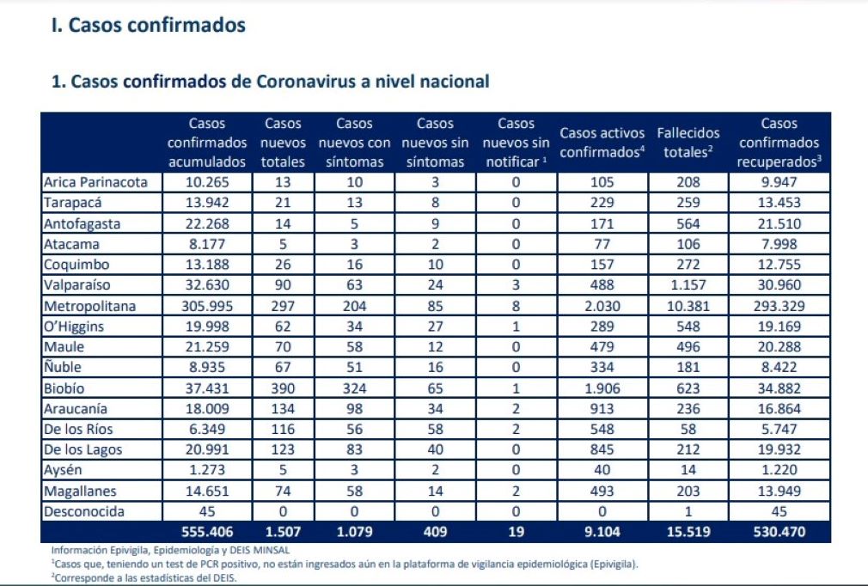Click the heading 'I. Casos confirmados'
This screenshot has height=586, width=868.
tap(149, 26)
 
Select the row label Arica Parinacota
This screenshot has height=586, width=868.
tap(95, 182)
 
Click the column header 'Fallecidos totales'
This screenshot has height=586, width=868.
tap(688, 143)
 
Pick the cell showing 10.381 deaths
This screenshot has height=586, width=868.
tap(688, 306)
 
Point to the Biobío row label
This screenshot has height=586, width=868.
tap(65, 388)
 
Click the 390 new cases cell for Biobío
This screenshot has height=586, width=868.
tap(284, 388)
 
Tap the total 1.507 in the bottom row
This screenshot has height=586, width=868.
tap(284, 533)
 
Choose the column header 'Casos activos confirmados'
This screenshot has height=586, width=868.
tap(602, 143)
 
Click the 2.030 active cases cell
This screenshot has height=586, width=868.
tap(602, 306)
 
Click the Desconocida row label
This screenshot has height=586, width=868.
tap(84, 512)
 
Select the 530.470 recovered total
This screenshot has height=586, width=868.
tap(779, 533)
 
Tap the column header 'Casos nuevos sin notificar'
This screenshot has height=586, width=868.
tap(516, 143)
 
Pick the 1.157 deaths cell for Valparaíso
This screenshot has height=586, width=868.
tap(688, 285)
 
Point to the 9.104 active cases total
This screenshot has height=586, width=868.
tap(602, 533)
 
